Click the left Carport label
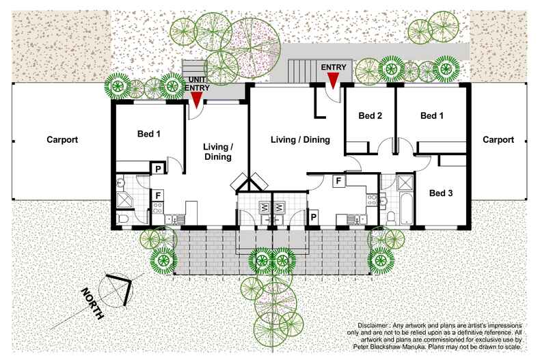pyautogui.click(x=62, y=140)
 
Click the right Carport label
pyautogui.click(x=498, y=140)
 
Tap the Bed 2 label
pyautogui.click(x=370, y=116)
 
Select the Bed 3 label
pyautogui.click(x=441, y=193)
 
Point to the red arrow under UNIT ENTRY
pyautogui.click(x=196, y=100)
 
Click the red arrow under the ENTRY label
pyautogui.click(x=333, y=80)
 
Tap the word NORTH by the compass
pyautogui.click(x=93, y=305)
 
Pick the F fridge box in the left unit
pyautogui.click(x=158, y=195)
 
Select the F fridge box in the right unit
pyautogui.click(x=338, y=180)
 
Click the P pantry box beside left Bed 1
pyautogui.click(x=158, y=168)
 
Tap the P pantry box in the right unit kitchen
pyautogui.click(x=314, y=217)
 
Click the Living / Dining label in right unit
pyautogui.click(x=300, y=140)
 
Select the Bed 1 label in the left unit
pyautogui.click(x=149, y=135)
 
